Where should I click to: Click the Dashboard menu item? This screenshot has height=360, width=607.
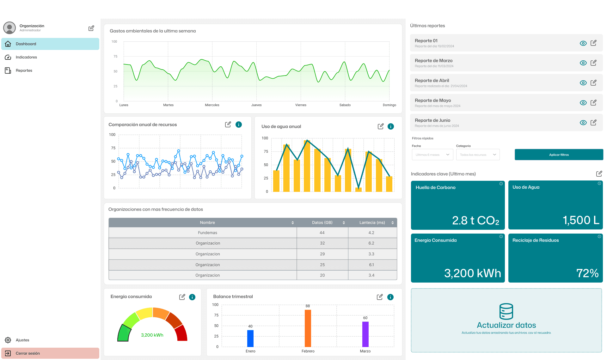[50, 44]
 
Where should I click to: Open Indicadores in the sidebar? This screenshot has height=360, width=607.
[26, 57]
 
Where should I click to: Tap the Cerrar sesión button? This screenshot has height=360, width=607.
[50, 353]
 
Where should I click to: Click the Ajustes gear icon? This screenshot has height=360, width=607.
[8, 340]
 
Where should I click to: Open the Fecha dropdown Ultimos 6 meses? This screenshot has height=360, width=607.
[432, 155]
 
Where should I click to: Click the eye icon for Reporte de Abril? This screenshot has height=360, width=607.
[583, 83]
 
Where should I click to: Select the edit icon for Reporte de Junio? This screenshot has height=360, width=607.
[593, 123]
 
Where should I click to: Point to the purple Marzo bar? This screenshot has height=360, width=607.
[365, 334]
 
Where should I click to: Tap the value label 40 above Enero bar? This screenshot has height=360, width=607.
[250, 326]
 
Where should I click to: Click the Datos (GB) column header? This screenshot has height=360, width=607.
[322, 223]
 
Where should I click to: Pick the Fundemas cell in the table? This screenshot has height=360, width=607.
[207, 233]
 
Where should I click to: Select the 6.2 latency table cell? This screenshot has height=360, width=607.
[371, 243]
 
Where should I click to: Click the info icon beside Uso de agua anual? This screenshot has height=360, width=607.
[391, 126]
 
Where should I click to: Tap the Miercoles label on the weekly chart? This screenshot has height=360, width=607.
[212, 105]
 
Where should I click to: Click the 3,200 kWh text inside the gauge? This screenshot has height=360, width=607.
[152, 335]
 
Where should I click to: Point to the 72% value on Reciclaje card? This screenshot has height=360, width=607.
[587, 273]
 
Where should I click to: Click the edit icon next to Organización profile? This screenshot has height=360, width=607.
[91, 28]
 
